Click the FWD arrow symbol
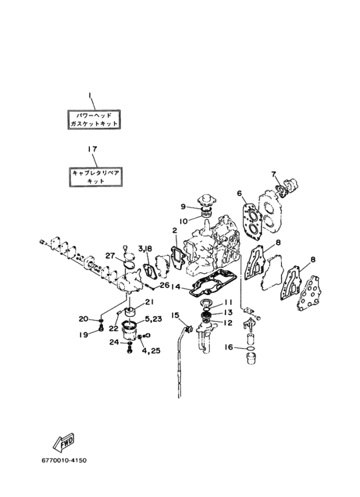point(64,442)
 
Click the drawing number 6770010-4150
point(64,460)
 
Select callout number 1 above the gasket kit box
point(90,95)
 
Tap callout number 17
point(92,149)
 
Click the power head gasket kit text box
point(94,119)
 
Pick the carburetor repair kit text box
point(96,177)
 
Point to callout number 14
point(176,287)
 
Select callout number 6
point(239,193)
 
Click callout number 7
point(274,174)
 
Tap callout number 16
point(229,347)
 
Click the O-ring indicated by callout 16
point(251,349)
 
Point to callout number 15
point(175,315)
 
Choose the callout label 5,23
point(154,319)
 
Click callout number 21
point(149,302)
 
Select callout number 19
point(84,335)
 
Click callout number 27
point(110,255)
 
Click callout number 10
point(183,221)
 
